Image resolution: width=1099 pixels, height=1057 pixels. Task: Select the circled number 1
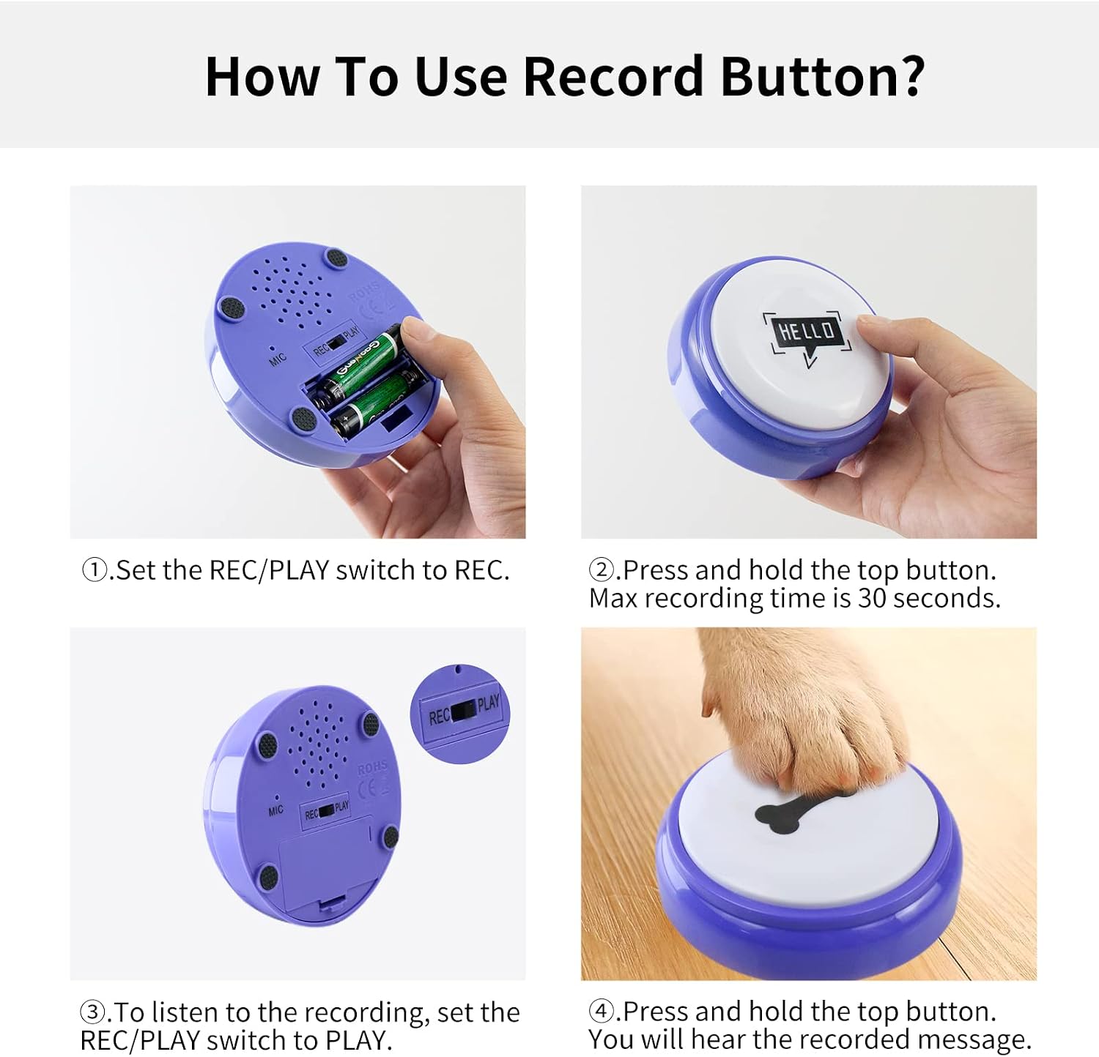coord(94,569)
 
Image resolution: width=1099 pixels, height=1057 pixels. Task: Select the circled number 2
coord(601,569)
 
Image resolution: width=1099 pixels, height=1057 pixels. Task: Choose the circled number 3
coord(92,1012)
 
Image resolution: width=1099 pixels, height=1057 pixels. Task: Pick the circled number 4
coord(601,1012)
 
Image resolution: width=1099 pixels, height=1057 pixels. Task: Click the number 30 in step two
coord(872,598)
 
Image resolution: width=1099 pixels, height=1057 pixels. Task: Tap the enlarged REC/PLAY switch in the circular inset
coord(463,711)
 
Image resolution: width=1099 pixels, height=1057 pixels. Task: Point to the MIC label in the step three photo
coord(275,810)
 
